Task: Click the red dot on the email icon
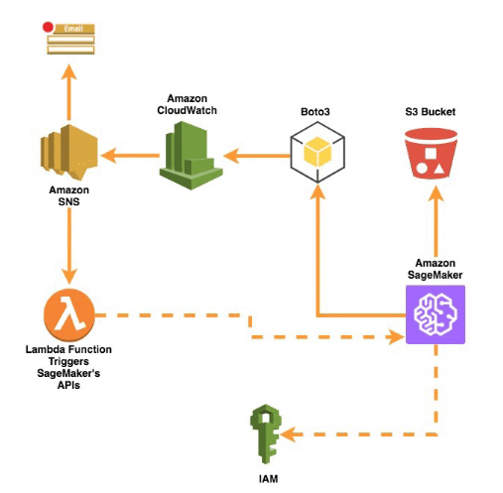(48, 27)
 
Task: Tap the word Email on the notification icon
(73, 29)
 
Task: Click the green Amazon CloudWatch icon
(191, 155)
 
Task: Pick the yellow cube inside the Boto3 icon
(317, 153)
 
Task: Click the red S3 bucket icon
(431, 154)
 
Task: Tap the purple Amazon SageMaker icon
(436, 314)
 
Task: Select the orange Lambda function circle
(69, 314)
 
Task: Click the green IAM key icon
(266, 433)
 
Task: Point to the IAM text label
(268, 479)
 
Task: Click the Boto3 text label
(315, 112)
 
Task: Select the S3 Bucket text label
(431, 112)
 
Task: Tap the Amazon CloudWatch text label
(187, 104)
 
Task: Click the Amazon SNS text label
(69, 195)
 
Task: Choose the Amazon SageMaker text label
(435, 269)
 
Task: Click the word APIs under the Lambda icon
(68, 385)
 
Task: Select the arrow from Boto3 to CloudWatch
(257, 156)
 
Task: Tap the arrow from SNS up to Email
(69, 92)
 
